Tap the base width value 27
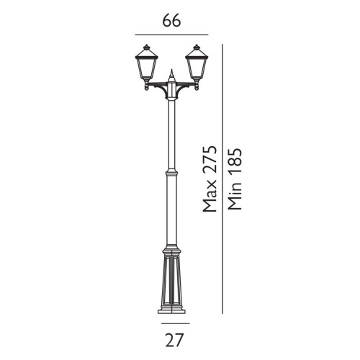pos(171,340)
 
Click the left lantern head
pos(145,66)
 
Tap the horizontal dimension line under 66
pos(171,35)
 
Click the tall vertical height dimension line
pos(222,180)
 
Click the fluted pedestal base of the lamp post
pos(171,281)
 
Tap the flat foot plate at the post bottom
pos(171,312)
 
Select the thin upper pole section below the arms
pos(171,133)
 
